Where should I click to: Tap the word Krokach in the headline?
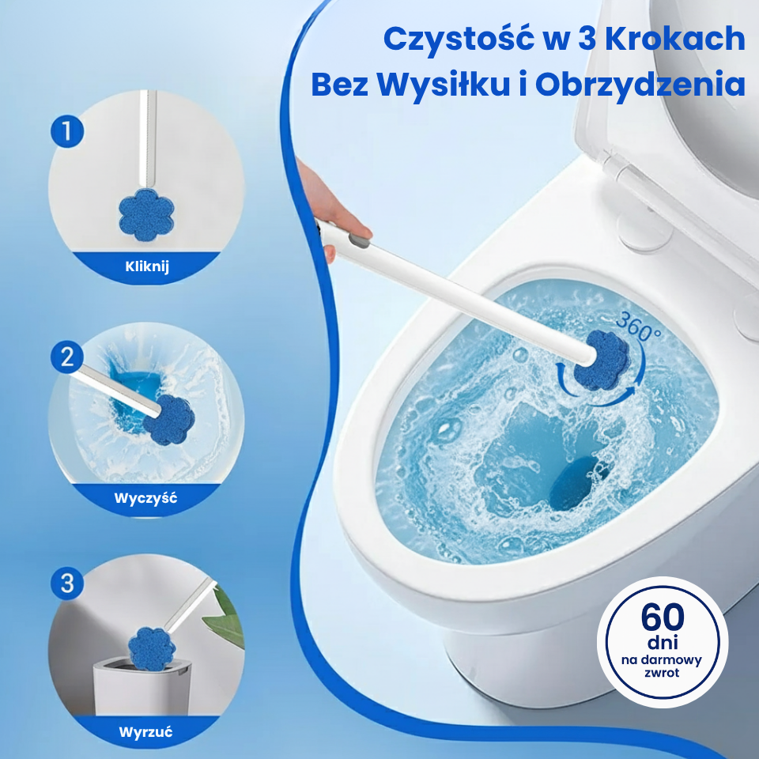pos(674,39)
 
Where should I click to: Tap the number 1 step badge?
pos(67,131)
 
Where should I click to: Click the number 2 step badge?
pos(67,357)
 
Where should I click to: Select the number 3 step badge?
pos(67,583)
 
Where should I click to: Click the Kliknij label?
pos(147,266)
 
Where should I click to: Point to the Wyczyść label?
pos(145,498)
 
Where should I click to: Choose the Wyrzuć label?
pos(145,731)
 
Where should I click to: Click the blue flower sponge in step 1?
pos(146,214)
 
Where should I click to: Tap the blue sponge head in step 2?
pos(169,420)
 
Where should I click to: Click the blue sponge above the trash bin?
pos(152,648)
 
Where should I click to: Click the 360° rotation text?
pos(639,327)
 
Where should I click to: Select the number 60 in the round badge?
pos(663,617)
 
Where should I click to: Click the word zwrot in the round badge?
pos(662,673)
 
